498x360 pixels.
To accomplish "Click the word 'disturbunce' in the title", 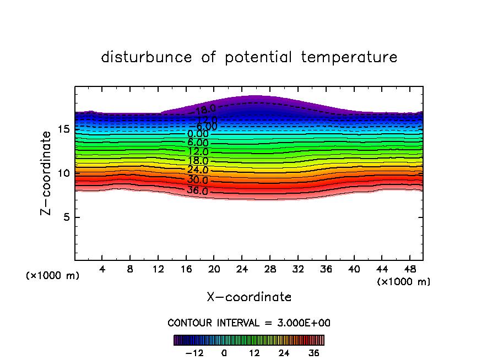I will pos(147,57).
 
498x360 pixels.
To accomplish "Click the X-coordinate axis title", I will pos(249,297).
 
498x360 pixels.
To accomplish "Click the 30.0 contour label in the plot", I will pos(197,181).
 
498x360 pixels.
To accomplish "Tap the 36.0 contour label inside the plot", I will pos(197,191).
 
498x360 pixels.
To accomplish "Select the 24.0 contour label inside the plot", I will pos(197,170).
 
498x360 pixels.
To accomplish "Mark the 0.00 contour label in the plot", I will pos(197,134).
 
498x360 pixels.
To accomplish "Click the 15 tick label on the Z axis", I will pos(63,129).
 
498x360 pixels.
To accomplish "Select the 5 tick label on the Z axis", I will pos(66,217).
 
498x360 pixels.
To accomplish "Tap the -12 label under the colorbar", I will pos(194,353).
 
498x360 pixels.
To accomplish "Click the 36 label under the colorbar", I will pos(313,353).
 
